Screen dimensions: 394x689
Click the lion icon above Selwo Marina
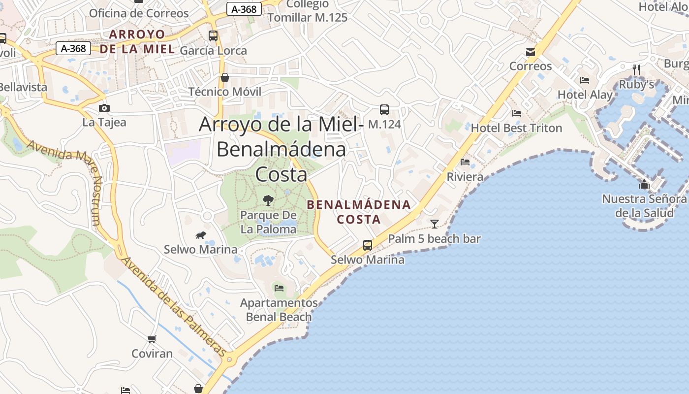[x=200, y=235]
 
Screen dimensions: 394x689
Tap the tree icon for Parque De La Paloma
[x=268, y=200]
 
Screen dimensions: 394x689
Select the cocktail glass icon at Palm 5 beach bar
[x=434, y=224]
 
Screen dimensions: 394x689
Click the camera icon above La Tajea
[x=104, y=108]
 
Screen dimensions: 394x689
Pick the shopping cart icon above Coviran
[x=152, y=339]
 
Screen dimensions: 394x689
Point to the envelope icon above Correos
[x=531, y=52]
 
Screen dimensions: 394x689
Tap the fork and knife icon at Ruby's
[x=636, y=70]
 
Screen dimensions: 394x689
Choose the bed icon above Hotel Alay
[x=585, y=80]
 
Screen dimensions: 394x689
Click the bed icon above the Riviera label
[x=465, y=162]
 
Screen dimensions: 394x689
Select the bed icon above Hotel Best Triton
[x=516, y=113]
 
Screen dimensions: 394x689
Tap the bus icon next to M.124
[x=384, y=110]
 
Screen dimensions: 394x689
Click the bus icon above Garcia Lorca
[x=213, y=35]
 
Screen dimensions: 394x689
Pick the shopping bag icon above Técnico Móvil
[x=225, y=77]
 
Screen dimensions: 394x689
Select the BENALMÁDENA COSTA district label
[x=359, y=212]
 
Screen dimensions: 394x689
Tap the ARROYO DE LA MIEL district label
[x=137, y=41]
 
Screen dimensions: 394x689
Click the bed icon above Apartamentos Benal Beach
[x=279, y=288]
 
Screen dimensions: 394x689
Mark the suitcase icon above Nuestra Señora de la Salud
[x=644, y=185]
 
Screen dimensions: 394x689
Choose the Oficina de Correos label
[x=139, y=13]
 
